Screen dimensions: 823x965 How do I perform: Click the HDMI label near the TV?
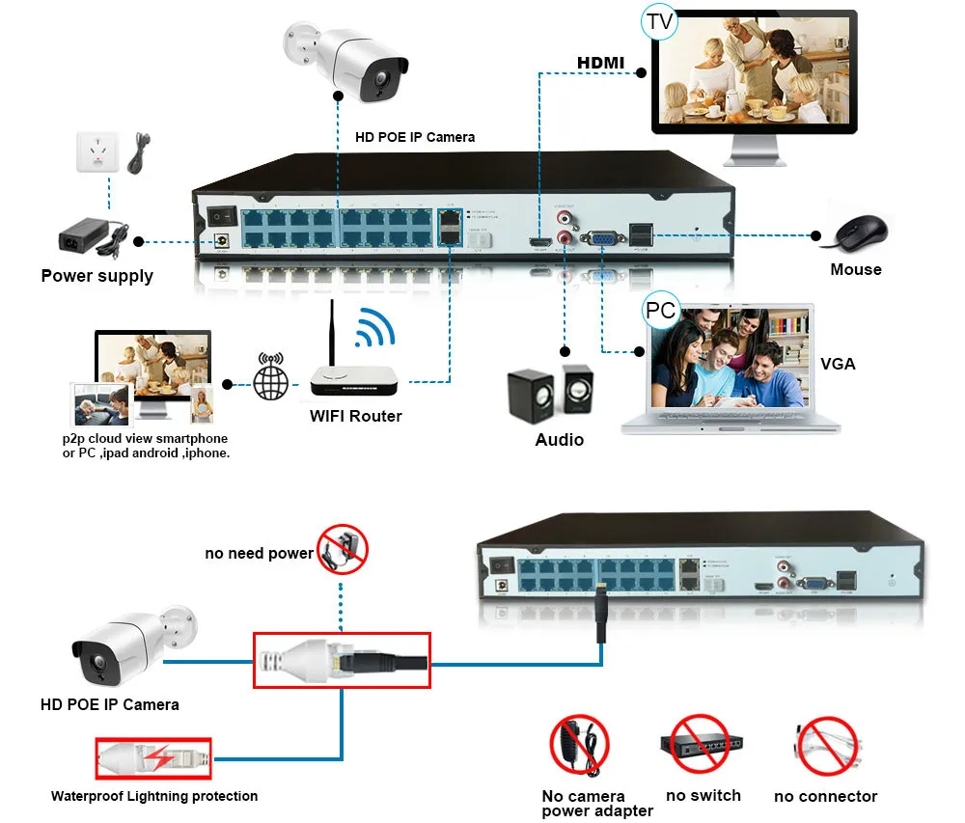click(x=600, y=64)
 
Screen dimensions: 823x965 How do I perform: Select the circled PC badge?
click(x=661, y=311)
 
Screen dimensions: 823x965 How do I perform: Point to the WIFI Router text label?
click(x=355, y=416)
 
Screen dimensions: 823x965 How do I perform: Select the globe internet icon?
click(x=271, y=381)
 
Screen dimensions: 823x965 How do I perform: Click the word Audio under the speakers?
click(x=560, y=440)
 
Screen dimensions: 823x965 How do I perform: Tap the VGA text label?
click(x=838, y=364)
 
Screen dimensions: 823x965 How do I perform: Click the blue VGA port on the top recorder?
click(x=600, y=236)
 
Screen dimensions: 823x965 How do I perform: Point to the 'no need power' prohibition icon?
click(x=343, y=549)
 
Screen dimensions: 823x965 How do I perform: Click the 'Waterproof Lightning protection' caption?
click(x=154, y=796)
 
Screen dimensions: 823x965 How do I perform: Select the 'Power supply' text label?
click(x=96, y=276)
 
